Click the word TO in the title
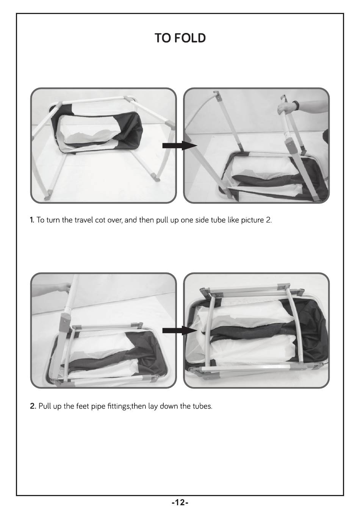coord(163,38)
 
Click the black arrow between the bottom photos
coord(180,331)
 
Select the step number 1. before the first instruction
coord(32,220)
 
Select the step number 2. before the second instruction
coord(33,406)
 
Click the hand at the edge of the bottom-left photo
coord(64,287)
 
